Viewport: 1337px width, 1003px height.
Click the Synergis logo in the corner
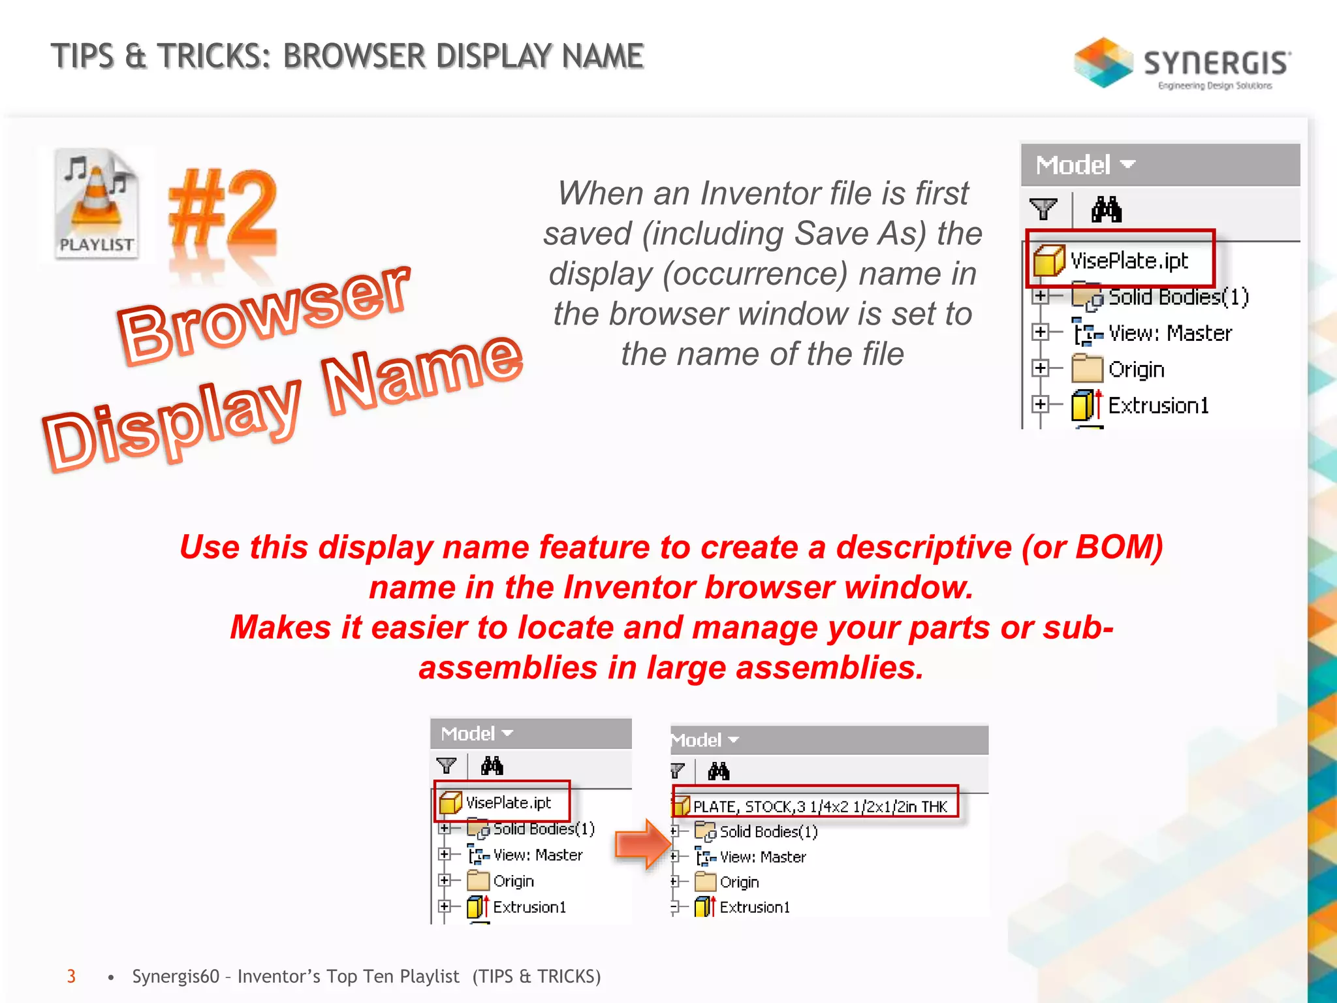1182,63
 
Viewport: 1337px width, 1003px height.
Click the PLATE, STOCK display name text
819,806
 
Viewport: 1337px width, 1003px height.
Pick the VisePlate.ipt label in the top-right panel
1129,261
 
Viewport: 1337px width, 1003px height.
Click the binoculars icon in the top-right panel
1107,210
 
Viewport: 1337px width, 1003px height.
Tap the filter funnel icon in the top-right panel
1043,210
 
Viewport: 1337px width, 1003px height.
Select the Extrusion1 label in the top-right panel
1158,406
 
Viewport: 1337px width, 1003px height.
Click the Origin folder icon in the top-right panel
1086,369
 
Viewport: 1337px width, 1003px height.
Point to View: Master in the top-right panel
1170,333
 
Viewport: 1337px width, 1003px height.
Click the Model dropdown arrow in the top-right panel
1127,164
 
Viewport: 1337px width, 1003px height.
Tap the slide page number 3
71,976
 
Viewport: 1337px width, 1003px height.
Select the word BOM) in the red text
1119,547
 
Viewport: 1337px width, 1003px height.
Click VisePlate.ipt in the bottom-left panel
508,803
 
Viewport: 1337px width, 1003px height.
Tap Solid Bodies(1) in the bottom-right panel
768,831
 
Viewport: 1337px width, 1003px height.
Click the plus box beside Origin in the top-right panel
1040,368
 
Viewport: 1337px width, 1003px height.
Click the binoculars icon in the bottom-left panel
492,765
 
